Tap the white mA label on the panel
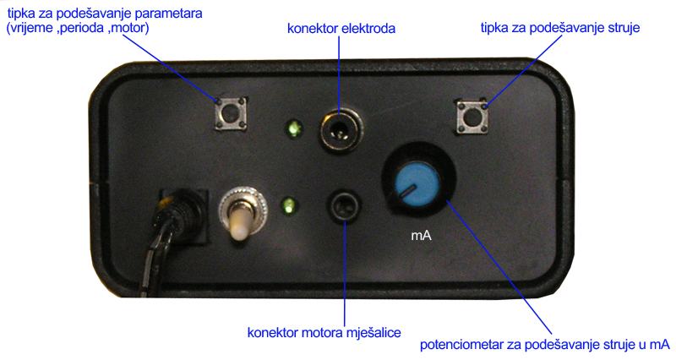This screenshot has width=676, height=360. pos(422,236)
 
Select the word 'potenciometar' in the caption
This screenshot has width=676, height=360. pos(462,345)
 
